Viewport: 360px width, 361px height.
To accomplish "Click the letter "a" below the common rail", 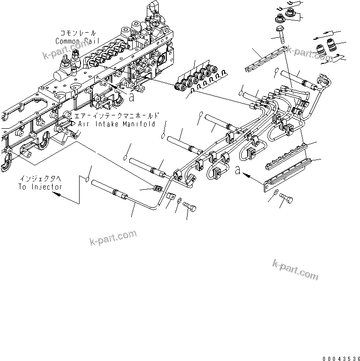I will pos(132,98).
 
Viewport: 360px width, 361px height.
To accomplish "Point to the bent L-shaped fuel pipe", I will pos(128,199).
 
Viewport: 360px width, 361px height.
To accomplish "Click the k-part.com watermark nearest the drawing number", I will pos(295,270).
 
